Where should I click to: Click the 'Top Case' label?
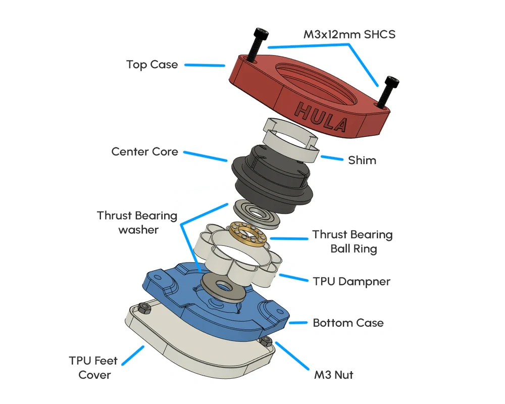pyautogui.click(x=152, y=65)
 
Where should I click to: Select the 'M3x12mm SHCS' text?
pyautogui.click(x=349, y=35)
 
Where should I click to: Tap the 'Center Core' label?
pyautogui.click(x=144, y=151)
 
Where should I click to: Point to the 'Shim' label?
pyautogui.click(x=362, y=161)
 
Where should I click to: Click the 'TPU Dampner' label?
pyautogui.click(x=351, y=281)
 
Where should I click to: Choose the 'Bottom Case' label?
pyautogui.click(x=348, y=323)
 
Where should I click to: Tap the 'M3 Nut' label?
pyautogui.click(x=333, y=375)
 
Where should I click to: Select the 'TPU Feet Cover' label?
pyautogui.click(x=93, y=368)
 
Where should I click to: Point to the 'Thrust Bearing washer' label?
pyautogui.click(x=137, y=223)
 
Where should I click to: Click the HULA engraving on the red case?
pyautogui.click(x=322, y=115)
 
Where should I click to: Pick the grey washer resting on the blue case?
pyautogui.click(x=222, y=286)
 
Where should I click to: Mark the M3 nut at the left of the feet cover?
pyautogui.click(x=143, y=308)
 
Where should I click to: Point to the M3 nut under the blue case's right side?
pyautogui.click(x=265, y=342)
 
